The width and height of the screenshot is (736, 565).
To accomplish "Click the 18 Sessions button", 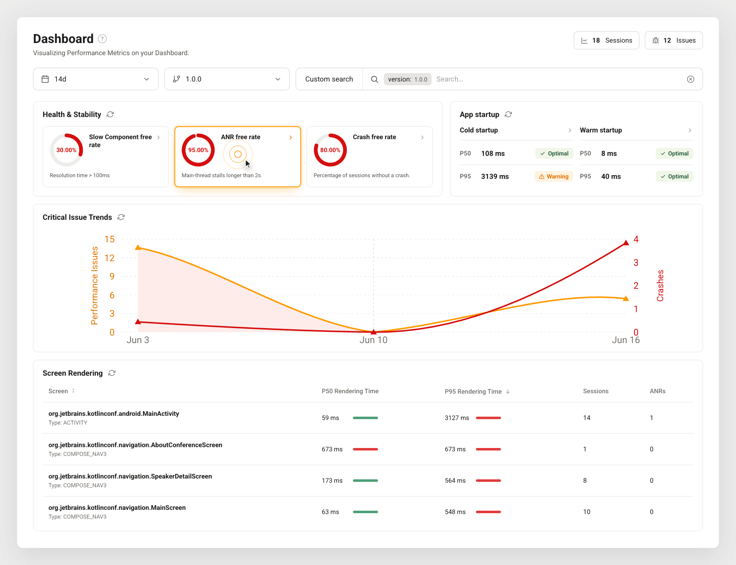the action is (606, 41).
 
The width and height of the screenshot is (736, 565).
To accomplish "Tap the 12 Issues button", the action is (674, 41).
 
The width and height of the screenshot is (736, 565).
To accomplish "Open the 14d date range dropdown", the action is (96, 79).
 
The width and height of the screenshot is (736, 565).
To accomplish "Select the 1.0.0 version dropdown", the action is (227, 79).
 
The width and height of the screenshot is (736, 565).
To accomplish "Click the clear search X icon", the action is (690, 79).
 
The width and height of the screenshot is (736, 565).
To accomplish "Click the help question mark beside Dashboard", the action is (102, 39).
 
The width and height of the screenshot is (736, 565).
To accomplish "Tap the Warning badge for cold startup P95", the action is (554, 176).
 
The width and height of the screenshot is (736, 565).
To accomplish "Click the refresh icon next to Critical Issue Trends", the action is (121, 217).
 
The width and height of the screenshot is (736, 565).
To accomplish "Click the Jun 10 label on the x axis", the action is (373, 340).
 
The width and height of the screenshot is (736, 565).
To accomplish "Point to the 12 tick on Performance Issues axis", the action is (110, 258).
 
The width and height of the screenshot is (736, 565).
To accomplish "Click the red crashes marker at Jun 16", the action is (626, 243).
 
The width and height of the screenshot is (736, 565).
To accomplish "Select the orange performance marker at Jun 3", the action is (138, 247).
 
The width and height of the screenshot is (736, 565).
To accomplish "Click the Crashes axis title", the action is (660, 285).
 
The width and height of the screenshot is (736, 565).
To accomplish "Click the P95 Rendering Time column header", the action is (473, 392).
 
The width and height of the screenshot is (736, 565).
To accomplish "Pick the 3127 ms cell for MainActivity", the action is (457, 418).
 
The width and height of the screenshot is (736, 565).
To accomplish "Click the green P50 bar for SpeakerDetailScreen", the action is (365, 481).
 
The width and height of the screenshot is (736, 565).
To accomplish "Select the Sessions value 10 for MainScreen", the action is (587, 512).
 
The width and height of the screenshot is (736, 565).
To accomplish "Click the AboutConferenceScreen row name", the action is (135, 445).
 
